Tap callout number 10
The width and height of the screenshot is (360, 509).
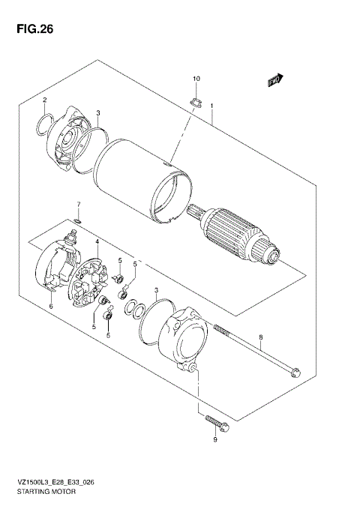click(x=196, y=79)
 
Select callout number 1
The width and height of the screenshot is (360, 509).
click(x=212, y=106)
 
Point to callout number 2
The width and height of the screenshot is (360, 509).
click(x=44, y=100)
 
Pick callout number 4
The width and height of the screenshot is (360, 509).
click(x=97, y=241)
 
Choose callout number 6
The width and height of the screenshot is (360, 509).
click(x=50, y=306)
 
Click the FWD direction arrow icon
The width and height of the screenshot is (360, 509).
click(x=274, y=79)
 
